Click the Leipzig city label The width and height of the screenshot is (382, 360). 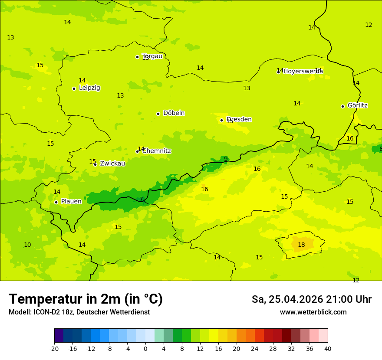(x=89, y=88)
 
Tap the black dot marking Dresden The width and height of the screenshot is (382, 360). (x=221, y=120)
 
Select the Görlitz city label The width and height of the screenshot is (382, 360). (x=357, y=105)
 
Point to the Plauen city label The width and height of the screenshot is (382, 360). (x=71, y=201)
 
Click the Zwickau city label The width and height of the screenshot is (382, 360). (x=112, y=164)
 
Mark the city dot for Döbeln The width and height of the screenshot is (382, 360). (x=158, y=114)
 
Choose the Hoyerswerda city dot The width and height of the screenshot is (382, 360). (x=278, y=72)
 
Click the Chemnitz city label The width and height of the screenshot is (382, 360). (x=156, y=151)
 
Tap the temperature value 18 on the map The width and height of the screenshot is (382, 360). (x=301, y=245)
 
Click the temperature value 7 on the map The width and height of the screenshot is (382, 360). (x=141, y=199)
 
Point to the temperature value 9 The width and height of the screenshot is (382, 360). (x=226, y=159)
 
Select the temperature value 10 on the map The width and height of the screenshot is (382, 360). (x=27, y=245)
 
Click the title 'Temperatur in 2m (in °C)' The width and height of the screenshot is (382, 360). (x=86, y=299)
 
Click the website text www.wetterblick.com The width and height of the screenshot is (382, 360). (x=313, y=312)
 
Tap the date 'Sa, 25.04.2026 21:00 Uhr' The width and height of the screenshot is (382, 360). (x=311, y=299)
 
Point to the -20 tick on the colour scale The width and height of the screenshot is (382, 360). (x=54, y=348)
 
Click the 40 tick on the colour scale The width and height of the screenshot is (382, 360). (x=328, y=348)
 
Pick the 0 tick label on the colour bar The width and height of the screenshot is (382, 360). (x=145, y=348)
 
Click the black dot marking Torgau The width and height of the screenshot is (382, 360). (x=137, y=57)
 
